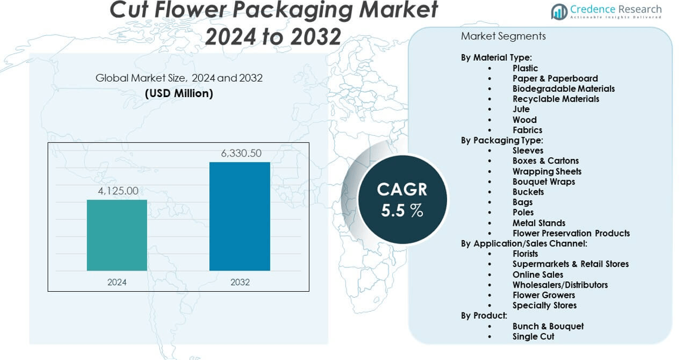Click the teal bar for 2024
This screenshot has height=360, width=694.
(x=117, y=235)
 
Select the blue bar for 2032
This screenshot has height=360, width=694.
(x=239, y=216)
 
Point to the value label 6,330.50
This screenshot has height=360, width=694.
(x=241, y=154)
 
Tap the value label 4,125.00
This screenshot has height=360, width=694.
(x=118, y=191)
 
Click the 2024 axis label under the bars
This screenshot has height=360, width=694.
(x=117, y=282)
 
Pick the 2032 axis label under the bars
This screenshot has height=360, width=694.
(x=240, y=282)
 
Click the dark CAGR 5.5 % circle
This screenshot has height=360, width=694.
(x=402, y=199)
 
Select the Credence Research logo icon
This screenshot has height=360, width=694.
(x=559, y=11)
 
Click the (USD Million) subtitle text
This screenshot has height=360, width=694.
(x=179, y=93)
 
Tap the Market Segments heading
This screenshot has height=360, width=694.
(x=503, y=36)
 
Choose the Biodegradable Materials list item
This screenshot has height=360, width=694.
(x=563, y=89)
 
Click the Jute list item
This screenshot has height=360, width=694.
(x=521, y=109)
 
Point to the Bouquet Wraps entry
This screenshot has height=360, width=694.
(x=543, y=182)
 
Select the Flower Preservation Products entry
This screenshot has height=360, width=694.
(x=570, y=234)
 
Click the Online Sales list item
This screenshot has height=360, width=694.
(x=538, y=275)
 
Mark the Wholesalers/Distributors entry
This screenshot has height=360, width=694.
(x=560, y=285)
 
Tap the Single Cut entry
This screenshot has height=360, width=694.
(x=533, y=336)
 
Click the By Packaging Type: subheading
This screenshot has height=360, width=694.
(x=502, y=141)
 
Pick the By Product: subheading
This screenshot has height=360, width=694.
(x=483, y=316)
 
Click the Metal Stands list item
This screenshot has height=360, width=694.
(x=539, y=223)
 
